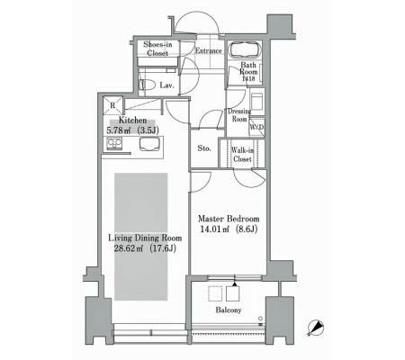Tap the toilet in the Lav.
[147, 85]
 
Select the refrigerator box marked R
[112, 105]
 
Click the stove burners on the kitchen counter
[114, 144]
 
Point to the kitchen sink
[148, 144]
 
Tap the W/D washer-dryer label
[256, 127]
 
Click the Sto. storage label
[204, 148]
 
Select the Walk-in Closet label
[242, 155]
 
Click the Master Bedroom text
[229, 219]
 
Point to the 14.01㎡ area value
[214, 229]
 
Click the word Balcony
[229, 310]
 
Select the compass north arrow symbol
[316, 328]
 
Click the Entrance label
[209, 51]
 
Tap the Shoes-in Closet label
[157, 49]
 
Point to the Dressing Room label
[239, 115]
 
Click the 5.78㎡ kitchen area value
[119, 130]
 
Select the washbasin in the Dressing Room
[256, 101]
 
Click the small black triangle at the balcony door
[235, 283]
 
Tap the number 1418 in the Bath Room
[248, 78]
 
